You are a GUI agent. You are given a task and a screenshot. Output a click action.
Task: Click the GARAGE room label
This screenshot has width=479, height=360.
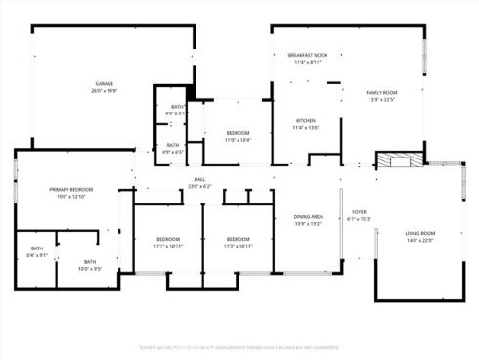click(x=105, y=84)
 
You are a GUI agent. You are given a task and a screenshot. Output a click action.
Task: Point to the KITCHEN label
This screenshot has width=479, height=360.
click(x=306, y=121)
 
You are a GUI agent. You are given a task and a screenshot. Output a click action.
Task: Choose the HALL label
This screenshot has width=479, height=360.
click(x=199, y=179)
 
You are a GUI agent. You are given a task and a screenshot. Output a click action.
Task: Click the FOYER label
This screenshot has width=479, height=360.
click(x=359, y=211)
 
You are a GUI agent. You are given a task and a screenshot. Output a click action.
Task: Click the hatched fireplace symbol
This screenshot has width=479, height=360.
click(x=403, y=160)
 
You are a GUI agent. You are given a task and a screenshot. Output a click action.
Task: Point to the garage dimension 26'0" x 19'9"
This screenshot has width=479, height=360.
click(x=105, y=91)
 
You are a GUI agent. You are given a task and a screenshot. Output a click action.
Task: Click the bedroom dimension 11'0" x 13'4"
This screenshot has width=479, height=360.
click(x=239, y=139)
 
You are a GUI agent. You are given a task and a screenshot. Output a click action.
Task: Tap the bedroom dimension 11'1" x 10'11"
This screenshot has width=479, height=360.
click(x=168, y=246)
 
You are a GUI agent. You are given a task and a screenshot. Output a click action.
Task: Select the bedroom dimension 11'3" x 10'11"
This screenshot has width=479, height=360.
click(x=239, y=246)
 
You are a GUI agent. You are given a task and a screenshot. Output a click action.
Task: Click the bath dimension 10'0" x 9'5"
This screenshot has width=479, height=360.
click(x=90, y=268)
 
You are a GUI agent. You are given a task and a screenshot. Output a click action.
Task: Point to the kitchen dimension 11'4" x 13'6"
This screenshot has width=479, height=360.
click(x=306, y=128)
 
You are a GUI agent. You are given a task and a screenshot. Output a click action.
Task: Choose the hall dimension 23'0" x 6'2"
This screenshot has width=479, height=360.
click(x=199, y=186)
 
